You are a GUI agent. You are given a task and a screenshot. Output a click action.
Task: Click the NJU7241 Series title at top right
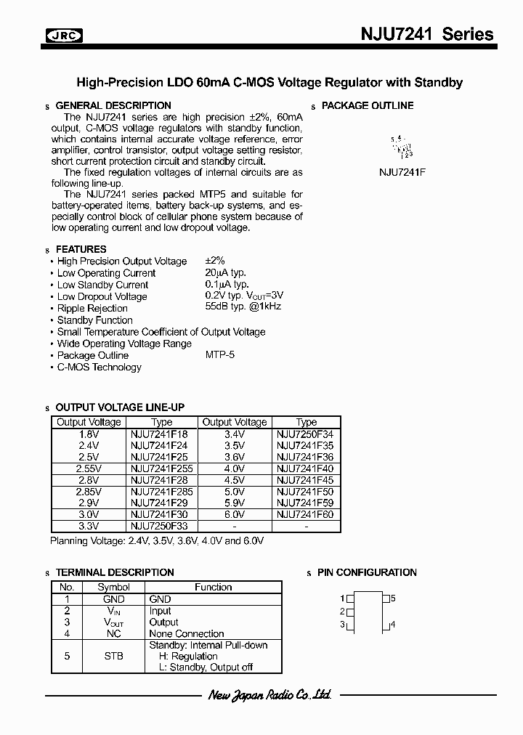(x=427, y=34)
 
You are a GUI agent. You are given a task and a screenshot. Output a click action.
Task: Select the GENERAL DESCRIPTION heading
(x=113, y=105)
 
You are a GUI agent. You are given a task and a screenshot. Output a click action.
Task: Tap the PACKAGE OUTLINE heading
(x=368, y=105)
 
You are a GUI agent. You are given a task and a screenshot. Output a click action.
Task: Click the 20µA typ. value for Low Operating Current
(x=227, y=273)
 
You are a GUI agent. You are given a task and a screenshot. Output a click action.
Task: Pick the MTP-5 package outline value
(x=220, y=355)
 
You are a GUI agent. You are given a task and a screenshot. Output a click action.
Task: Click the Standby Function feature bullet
(x=94, y=320)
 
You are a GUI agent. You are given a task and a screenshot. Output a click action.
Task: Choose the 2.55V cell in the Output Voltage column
(x=89, y=468)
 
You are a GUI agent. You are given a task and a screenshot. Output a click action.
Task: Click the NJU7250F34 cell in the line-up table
(x=305, y=433)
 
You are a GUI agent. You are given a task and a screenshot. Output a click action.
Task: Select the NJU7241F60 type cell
(x=305, y=515)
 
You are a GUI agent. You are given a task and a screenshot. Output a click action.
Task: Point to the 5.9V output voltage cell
(x=234, y=503)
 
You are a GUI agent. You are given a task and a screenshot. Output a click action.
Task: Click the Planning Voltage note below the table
(x=156, y=541)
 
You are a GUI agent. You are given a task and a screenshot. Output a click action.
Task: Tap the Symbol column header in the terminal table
(x=113, y=587)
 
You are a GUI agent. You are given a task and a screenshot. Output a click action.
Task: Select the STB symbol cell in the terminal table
(x=113, y=656)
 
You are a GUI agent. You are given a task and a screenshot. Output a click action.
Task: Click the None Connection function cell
(x=187, y=634)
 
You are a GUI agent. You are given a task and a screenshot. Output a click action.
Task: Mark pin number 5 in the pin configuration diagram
(x=393, y=598)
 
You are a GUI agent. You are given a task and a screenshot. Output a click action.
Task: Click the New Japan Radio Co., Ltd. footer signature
(x=269, y=695)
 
